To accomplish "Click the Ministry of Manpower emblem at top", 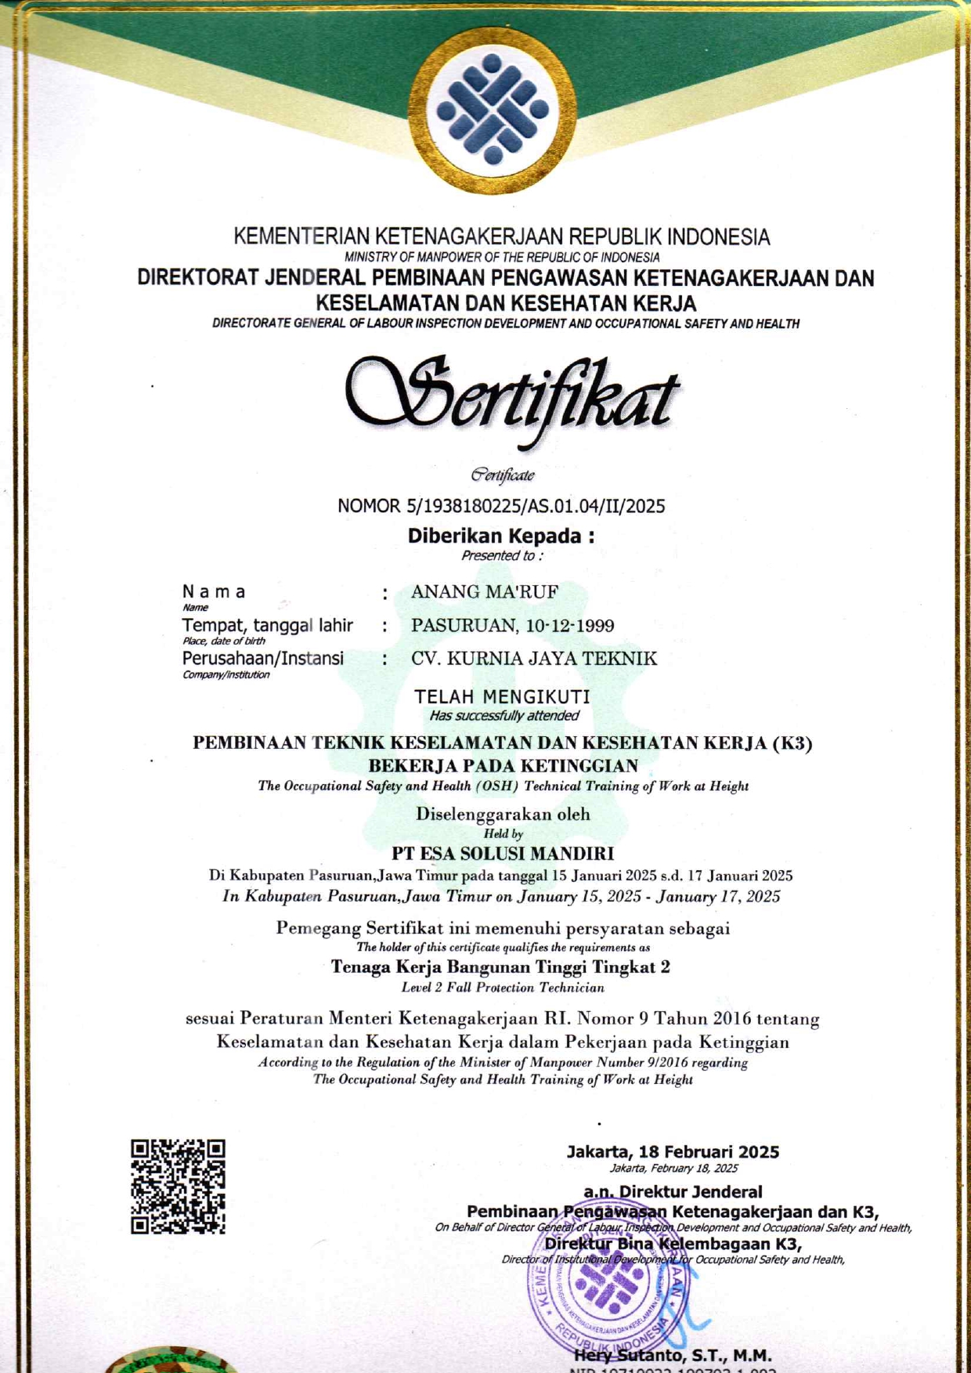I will [493, 110].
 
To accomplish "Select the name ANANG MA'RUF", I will [485, 591].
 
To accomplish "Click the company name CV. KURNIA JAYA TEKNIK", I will [534, 659].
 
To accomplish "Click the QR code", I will [178, 1187].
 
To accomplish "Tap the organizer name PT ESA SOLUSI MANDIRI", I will [502, 853].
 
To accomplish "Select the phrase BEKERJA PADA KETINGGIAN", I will [503, 765].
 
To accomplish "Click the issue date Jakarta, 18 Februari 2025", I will [673, 1151].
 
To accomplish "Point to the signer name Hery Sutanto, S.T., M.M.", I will [673, 1356].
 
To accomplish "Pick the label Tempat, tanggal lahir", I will [267, 625].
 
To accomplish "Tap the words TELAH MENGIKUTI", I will [502, 696].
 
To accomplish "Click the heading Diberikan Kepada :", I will [501, 537].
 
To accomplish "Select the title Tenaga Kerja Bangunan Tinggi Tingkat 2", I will [500, 967].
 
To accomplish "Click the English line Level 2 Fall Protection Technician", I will [502, 988].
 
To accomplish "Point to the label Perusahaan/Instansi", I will [262, 658].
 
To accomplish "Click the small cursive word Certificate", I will [502, 475].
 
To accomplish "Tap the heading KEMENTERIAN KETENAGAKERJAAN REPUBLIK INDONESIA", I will [502, 237].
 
